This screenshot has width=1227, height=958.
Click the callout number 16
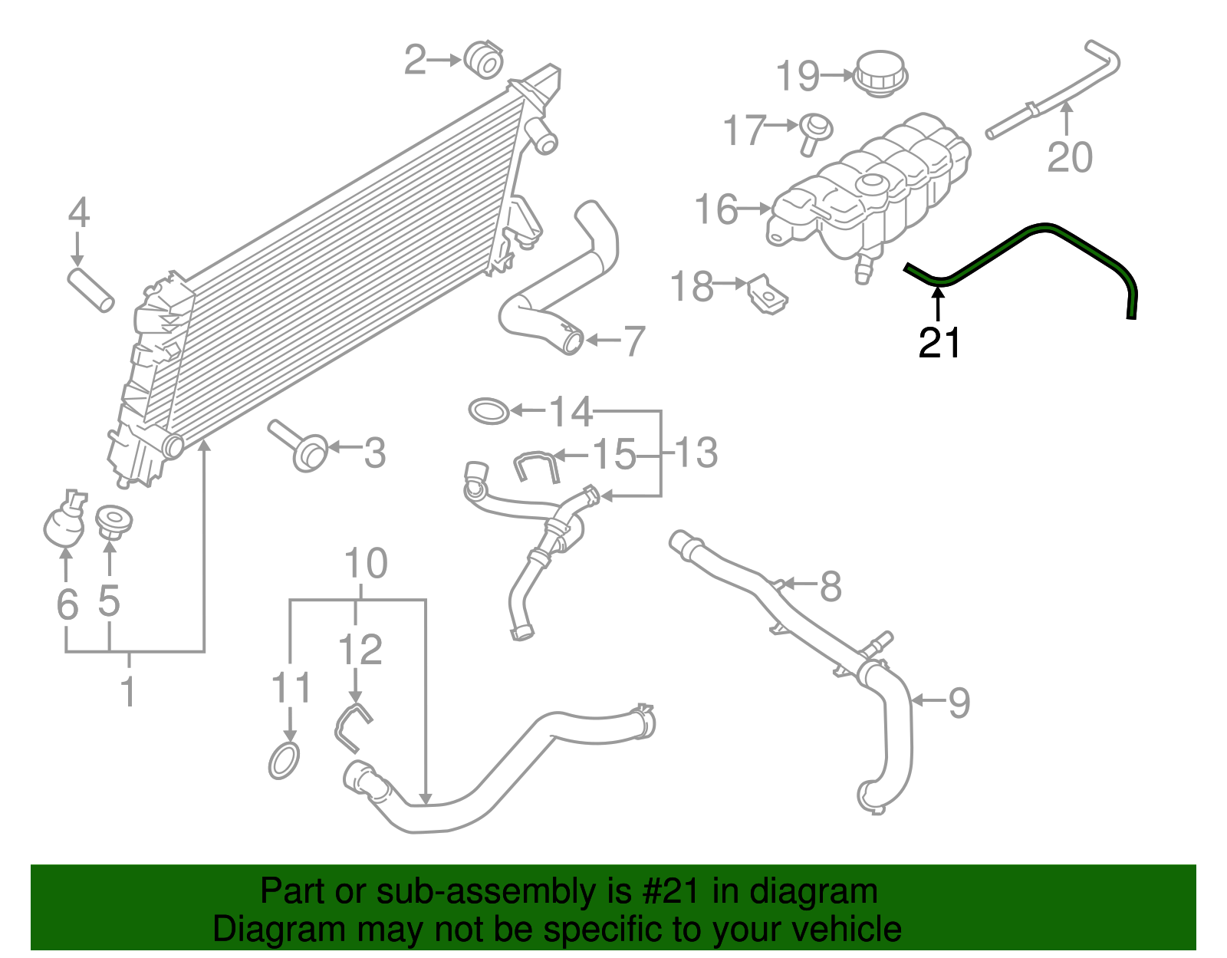coord(715,209)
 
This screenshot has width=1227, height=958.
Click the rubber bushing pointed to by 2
coord(483,60)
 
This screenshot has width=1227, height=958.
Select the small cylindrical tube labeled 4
coord(91,288)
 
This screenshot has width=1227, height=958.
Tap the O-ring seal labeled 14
coord(488,410)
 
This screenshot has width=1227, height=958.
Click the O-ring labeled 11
coord(284,760)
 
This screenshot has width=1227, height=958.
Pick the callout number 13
coord(696,453)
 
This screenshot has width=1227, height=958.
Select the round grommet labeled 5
coord(113,520)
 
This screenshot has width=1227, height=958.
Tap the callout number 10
coord(366,564)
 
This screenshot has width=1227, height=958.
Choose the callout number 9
coord(959,702)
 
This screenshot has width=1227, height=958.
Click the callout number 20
coord(1069,158)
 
